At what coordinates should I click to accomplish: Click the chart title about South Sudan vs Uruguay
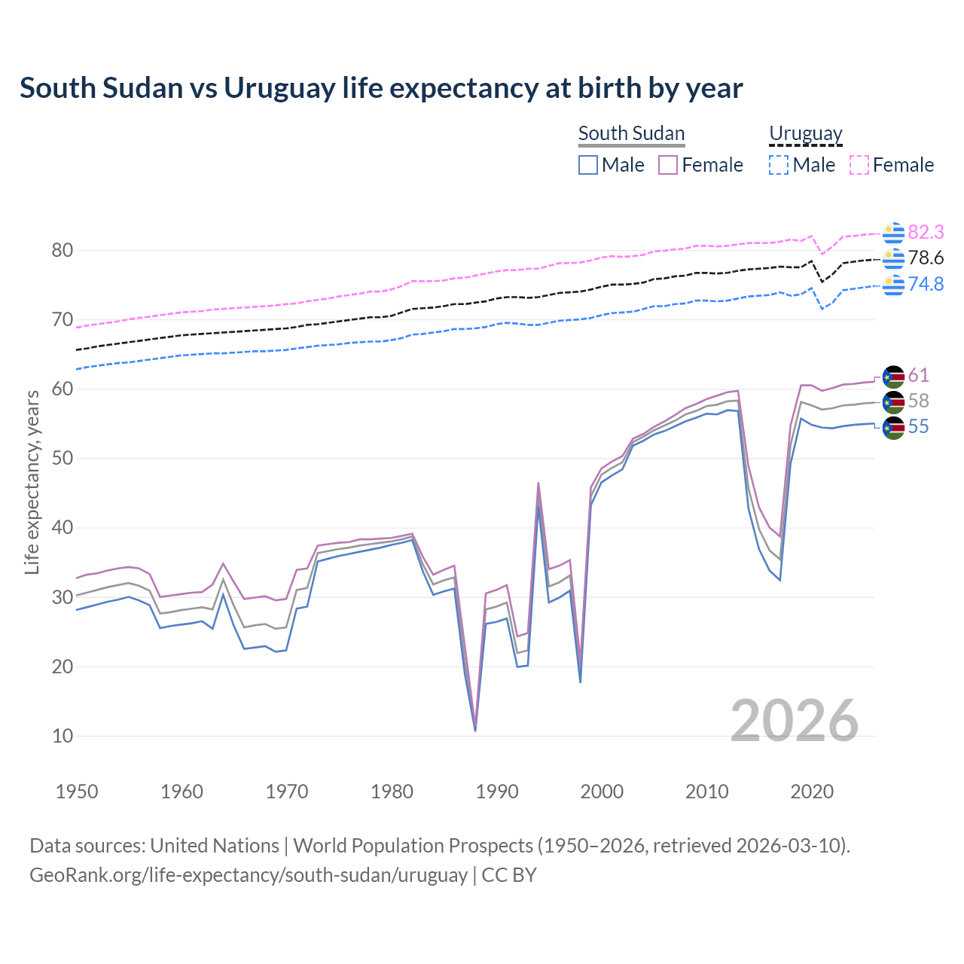381,88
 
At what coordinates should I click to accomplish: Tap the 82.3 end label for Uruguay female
926,232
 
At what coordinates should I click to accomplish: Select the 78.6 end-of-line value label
926,258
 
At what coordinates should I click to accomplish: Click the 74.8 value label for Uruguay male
926,284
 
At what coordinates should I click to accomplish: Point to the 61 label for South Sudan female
918,375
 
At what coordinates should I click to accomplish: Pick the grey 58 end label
918,401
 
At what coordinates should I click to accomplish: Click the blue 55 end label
918,427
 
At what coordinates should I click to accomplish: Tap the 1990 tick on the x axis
497,792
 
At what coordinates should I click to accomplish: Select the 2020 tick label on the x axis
812,792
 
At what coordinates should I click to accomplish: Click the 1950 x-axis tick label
77,792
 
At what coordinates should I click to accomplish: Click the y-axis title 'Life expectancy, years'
32,482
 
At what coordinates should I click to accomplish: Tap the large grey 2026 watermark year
794,721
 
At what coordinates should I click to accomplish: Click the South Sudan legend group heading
631,133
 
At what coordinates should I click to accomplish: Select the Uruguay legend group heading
805,133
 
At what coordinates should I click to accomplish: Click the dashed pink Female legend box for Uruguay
859,165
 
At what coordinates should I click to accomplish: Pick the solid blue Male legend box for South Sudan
588,165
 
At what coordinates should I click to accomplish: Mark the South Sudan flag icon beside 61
893,377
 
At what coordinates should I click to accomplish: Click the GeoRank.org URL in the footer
249,875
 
